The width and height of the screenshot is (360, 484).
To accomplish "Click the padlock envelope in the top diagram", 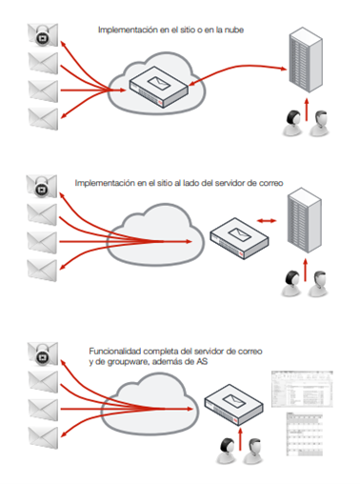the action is tap(43, 34).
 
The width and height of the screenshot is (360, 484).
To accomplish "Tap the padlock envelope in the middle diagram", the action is tap(42, 186).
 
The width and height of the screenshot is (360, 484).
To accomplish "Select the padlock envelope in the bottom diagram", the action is tap(43, 353).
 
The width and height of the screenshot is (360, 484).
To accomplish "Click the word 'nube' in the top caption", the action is tap(234, 30).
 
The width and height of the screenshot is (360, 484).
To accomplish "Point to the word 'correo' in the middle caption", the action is tap(270, 183).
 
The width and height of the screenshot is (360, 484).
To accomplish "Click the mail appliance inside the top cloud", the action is tap(159, 87).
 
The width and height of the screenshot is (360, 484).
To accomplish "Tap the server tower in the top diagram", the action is tap(306, 60).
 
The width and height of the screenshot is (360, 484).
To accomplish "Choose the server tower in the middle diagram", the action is tap(305, 220).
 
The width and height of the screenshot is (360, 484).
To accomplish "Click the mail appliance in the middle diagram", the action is tap(240, 238).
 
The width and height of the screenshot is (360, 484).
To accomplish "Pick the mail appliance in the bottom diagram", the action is tap(233, 405).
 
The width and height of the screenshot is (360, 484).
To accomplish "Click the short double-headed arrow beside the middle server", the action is tap(267, 220).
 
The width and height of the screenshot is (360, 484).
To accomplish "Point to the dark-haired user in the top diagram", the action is tap(292, 123).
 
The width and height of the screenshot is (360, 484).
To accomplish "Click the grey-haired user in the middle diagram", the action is tap(319, 284).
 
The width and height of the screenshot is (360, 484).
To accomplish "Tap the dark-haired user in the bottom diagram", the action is tap(227, 451).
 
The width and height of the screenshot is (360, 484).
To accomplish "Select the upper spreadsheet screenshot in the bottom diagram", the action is tap(302, 389).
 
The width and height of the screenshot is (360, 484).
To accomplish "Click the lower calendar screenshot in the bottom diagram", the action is tap(305, 434).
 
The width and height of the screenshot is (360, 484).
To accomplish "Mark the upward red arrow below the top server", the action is tap(307, 110).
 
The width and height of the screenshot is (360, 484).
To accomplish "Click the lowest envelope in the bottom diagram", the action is tap(44, 438).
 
